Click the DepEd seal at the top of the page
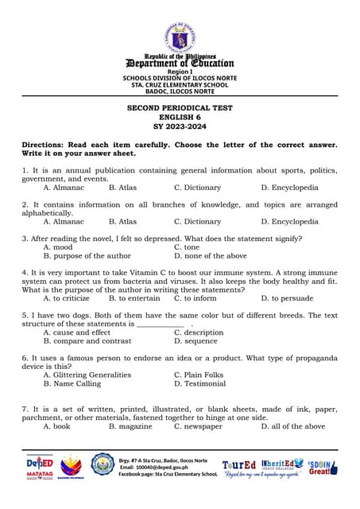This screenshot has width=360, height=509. (x=180, y=37)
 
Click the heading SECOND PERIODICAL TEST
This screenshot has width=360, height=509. (x=180, y=107)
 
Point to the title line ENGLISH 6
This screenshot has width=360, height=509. (x=180, y=117)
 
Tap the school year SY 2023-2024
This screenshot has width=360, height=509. (x=180, y=126)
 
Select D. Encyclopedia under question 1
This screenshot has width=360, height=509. (x=289, y=188)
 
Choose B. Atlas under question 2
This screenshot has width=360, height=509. (x=122, y=222)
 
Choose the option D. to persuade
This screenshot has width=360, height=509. (x=287, y=298)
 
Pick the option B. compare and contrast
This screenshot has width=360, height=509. (x=87, y=340)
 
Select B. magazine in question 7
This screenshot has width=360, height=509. (x=130, y=426)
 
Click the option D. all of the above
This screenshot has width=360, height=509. (x=292, y=426)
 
